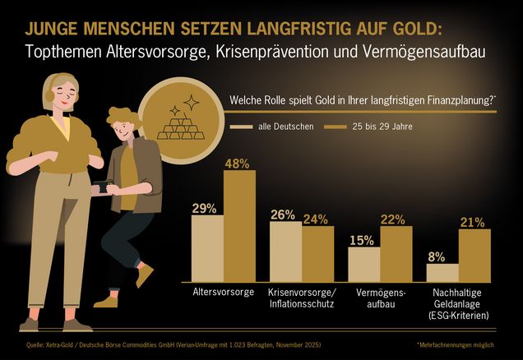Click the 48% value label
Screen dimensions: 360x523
pos(237,163)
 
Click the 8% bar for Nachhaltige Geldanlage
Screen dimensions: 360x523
pos(442,273)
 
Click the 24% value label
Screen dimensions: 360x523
pos(315,219)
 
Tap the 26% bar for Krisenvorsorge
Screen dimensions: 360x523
pos(285,252)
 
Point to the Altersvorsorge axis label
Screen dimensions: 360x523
pos(221,293)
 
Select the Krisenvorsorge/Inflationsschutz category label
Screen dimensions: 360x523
pos(300,298)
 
